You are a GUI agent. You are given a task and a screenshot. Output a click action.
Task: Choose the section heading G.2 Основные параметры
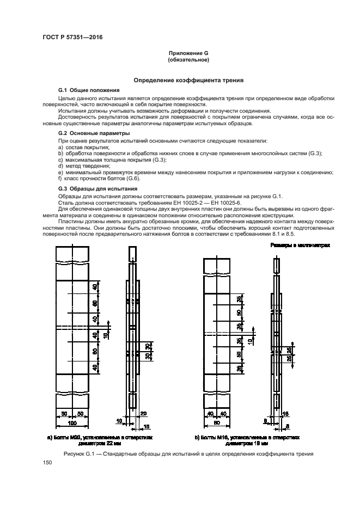tap(94, 133)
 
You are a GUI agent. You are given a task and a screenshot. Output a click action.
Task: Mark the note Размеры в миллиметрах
tap(300, 246)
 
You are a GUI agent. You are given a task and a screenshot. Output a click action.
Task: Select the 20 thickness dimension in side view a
tap(143, 414)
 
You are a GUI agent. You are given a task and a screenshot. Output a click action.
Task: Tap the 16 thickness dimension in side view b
tap(285, 414)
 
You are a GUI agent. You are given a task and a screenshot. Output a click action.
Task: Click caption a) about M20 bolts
tap(100, 439)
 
